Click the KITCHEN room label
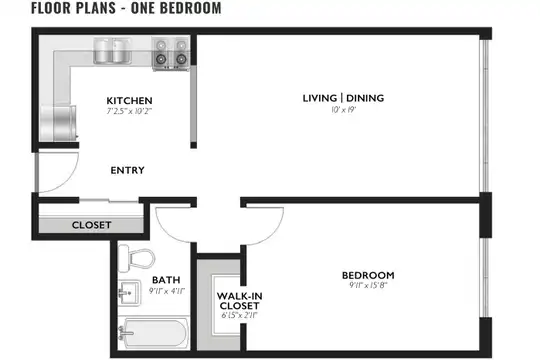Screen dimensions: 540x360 pyautogui.click(x=129, y=101)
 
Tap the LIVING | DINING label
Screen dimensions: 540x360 pyautogui.click(x=343, y=98)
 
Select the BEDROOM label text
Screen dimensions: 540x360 pyautogui.click(x=368, y=275)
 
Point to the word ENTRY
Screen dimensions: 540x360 pyautogui.click(x=127, y=170)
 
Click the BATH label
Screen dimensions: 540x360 pyautogui.click(x=166, y=280)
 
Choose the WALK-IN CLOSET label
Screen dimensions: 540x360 pyautogui.click(x=239, y=301)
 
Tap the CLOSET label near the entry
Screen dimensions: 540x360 pyautogui.click(x=92, y=225)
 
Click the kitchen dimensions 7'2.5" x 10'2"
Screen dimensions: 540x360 pyautogui.click(x=129, y=111)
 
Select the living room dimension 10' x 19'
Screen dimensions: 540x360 pyautogui.click(x=343, y=110)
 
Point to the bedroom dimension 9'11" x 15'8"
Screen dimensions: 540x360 pyautogui.click(x=368, y=285)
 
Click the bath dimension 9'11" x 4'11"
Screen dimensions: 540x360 pyautogui.click(x=167, y=291)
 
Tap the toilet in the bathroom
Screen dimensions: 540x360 pyautogui.click(x=136, y=258)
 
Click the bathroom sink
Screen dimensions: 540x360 pyautogui.click(x=129, y=293)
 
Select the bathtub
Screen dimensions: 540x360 pyautogui.click(x=153, y=333)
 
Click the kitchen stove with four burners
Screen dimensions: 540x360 pyautogui.click(x=171, y=54)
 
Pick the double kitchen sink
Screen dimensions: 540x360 pyautogui.click(x=113, y=51)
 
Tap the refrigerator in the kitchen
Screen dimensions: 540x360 pyautogui.click(x=58, y=123)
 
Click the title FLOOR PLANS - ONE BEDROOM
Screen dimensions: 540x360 pyautogui.click(x=126, y=8)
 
